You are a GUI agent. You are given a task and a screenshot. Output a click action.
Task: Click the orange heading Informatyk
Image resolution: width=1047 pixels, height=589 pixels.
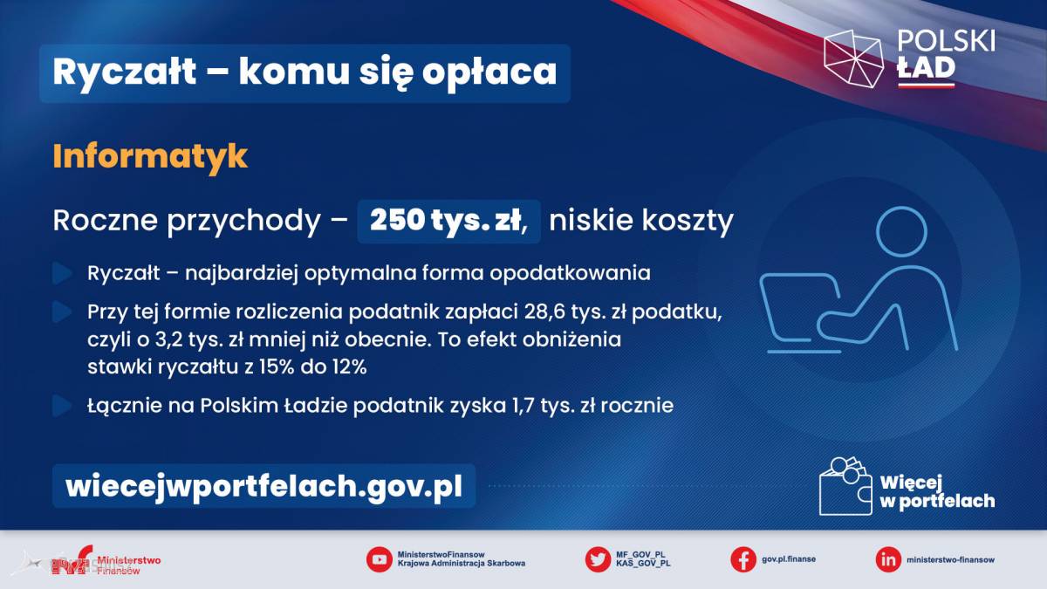point(150,156)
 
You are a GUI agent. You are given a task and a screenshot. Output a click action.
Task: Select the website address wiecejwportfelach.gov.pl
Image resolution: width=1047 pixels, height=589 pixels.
point(264,487)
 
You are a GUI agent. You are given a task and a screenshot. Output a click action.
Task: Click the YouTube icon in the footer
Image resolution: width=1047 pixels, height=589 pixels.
point(379,559)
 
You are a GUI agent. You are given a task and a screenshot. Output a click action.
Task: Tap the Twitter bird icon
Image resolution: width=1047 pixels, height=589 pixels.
point(598,559)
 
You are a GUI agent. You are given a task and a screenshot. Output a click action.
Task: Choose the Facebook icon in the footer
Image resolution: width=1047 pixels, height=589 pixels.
point(743,559)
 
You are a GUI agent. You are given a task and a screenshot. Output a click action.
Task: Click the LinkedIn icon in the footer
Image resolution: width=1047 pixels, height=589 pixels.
point(888,559)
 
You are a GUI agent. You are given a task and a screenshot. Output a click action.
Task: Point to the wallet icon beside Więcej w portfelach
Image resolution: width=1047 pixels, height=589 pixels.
point(846,486)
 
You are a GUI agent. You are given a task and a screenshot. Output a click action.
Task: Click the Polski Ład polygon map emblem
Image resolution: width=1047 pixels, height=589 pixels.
point(853,58)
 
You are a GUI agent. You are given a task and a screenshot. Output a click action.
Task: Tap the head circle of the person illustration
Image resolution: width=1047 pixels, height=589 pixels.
point(901,232)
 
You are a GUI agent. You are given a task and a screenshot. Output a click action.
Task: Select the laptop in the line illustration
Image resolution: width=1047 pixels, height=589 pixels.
point(800,313)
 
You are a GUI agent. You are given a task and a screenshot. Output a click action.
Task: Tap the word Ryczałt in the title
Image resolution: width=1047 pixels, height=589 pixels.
point(125,72)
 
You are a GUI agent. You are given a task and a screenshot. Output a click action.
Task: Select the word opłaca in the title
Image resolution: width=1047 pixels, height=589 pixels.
point(489,73)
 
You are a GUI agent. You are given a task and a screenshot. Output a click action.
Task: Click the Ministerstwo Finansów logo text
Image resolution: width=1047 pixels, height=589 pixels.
point(128,565)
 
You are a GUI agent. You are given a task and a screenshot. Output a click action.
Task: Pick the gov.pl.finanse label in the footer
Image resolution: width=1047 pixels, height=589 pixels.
point(789,559)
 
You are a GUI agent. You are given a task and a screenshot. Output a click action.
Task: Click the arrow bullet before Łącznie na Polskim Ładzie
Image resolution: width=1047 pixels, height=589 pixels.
point(62,406)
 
